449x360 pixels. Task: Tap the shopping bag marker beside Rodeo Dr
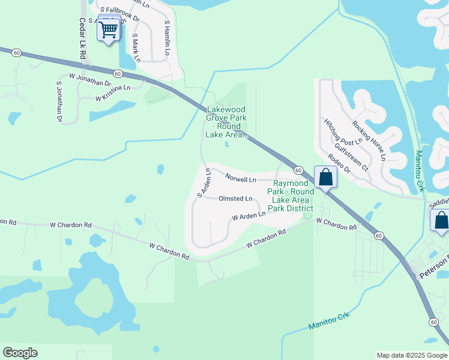pos(325,177)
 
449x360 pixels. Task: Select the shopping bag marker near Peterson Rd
pos(441,220)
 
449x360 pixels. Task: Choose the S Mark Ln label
pos(136,47)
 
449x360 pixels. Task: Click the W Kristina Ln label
pos(113,91)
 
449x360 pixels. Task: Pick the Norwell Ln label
pos(241,179)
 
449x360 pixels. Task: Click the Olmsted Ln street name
pos(235,199)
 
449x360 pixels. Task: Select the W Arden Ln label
pos(248,215)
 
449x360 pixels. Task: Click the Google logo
pos(20,353)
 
